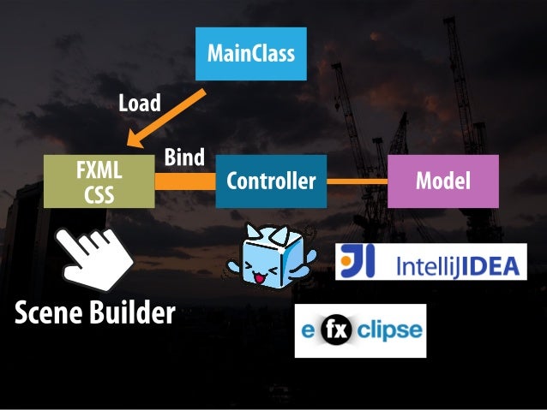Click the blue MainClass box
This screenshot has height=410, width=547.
(249, 55)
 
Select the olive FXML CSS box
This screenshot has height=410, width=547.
(99, 182)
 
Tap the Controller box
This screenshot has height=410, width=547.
(270, 181)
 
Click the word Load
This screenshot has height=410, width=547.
(139, 104)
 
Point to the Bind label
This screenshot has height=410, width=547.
(184, 157)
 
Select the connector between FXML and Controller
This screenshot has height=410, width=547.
(184, 181)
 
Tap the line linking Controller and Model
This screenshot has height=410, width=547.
(358, 181)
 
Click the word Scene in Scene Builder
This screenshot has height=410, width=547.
(50, 315)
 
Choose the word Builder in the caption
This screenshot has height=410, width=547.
(132, 315)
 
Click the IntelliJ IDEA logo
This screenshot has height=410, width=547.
(430, 264)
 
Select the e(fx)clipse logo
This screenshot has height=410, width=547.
(359, 330)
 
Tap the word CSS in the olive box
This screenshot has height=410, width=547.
(99, 194)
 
